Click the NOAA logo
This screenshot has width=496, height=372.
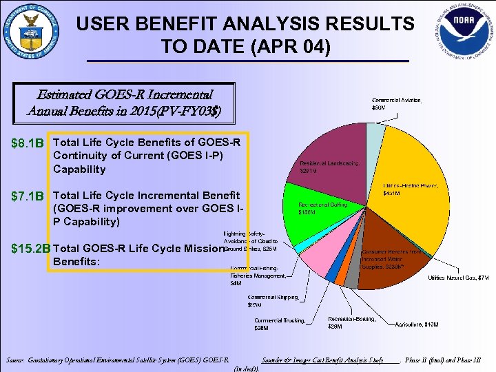click(462, 33)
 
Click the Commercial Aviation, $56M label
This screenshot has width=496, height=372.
click(397, 103)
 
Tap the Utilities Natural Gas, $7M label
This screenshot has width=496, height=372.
click(458, 278)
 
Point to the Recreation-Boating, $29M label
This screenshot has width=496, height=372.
click(352, 323)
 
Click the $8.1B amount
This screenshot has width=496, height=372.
click(28, 144)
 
